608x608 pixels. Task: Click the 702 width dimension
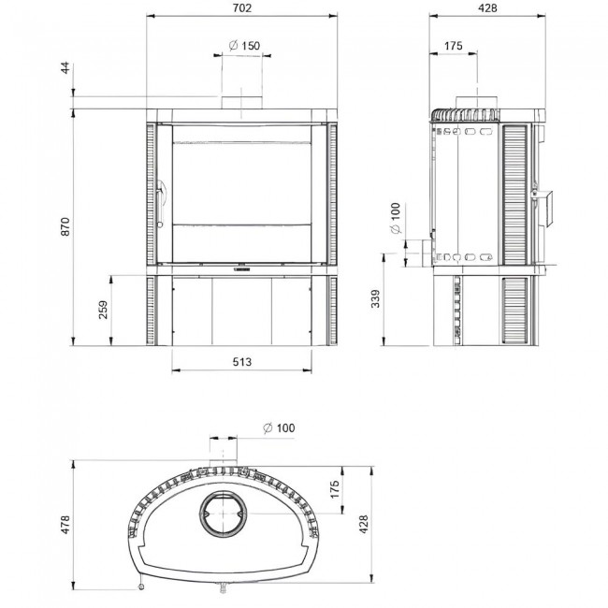242,7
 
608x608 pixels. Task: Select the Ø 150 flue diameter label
243,46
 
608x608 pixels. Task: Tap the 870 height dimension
64,225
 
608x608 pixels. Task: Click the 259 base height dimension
102,309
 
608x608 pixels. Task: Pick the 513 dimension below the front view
242,360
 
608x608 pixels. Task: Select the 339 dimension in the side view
376,299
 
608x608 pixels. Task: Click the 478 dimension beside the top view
64,525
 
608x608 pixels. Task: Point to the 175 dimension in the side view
454,46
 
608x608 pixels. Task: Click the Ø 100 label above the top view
279,427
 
